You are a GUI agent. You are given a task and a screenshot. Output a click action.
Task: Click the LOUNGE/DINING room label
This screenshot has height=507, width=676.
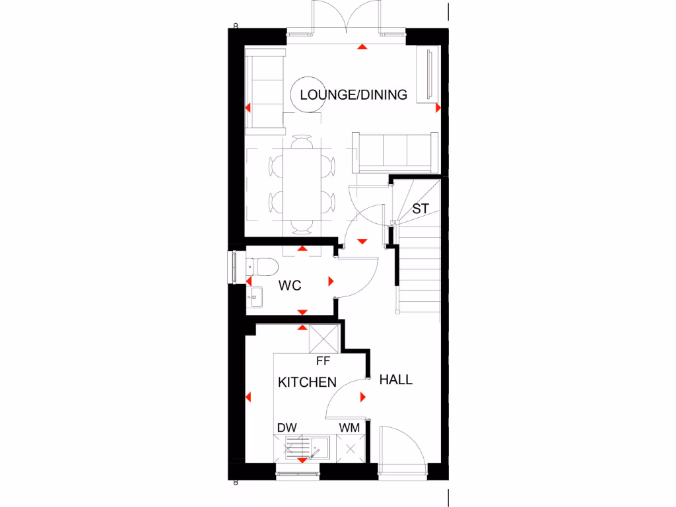(353, 94)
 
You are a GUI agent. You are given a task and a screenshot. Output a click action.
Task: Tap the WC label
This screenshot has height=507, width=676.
(290, 286)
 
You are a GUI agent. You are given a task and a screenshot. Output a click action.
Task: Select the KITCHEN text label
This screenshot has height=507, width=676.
(307, 382)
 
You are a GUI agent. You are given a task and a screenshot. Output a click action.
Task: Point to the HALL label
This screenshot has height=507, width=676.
(396, 380)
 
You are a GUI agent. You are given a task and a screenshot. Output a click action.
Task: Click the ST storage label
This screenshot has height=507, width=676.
(421, 209)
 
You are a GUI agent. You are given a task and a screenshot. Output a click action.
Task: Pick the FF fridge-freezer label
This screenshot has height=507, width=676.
(323, 361)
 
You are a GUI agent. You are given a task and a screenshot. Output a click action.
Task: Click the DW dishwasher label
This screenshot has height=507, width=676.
(287, 428)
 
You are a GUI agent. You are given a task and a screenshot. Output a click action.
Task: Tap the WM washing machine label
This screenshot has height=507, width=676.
(349, 428)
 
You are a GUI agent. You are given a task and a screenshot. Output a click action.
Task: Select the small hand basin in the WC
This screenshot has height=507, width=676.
(256, 296)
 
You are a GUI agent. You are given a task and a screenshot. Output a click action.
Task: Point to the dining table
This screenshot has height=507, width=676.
(302, 185)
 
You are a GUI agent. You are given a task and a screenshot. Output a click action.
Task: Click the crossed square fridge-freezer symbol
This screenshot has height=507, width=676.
(324, 340)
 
